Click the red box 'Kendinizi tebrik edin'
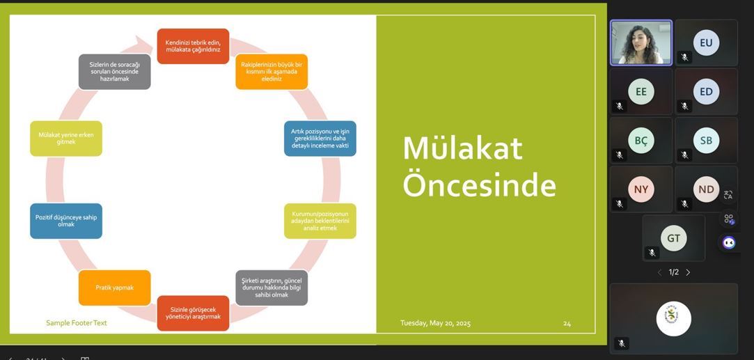click(193, 46)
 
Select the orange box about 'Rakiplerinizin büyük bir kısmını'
click(272, 72)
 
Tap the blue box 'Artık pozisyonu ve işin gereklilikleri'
click(320, 139)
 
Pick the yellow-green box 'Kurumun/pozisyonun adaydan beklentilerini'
click(320, 221)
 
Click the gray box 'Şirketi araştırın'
click(272, 288)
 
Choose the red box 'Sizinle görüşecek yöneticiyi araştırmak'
click(193, 313)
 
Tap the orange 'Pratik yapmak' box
click(114, 288)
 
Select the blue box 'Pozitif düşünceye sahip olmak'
click(66, 221)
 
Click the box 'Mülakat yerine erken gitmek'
click(66, 139)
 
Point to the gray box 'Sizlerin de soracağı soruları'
click(114, 72)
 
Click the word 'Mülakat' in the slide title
click(462, 148)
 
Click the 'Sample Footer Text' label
click(77, 323)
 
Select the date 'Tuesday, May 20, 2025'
click(436, 323)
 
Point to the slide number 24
click(567, 324)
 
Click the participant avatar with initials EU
click(706, 42)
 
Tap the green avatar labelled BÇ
click(641, 141)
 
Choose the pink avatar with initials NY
click(641, 189)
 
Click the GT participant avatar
click(674, 238)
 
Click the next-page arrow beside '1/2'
click(688, 272)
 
